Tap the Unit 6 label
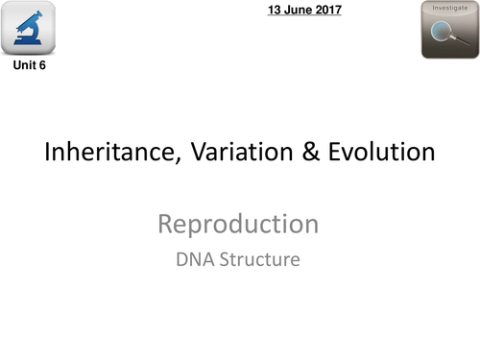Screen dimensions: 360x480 click(x=29, y=67)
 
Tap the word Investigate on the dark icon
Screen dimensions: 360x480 click(x=450, y=8)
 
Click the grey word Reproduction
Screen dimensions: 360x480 click(x=238, y=225)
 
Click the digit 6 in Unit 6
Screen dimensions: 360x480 click(x=42, y=67)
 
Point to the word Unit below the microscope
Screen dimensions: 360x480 click(x=23, y=67)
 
